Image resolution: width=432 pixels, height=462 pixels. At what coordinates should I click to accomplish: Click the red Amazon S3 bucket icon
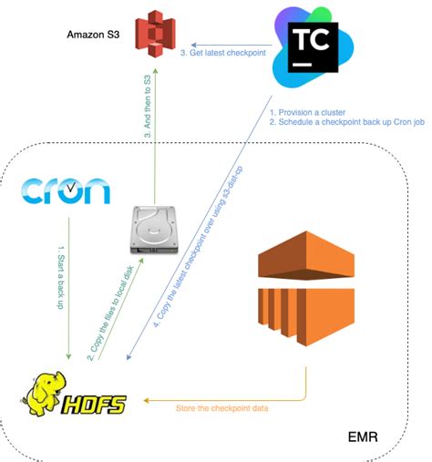(x=152, y=37)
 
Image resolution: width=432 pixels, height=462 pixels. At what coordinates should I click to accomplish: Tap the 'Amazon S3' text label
(x=92, y=35)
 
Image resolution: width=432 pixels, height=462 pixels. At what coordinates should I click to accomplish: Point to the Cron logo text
(x=66, y=189)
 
